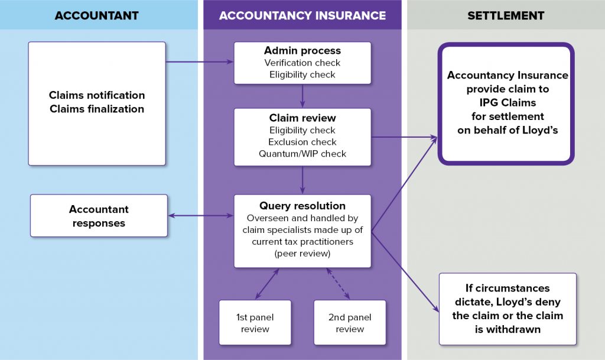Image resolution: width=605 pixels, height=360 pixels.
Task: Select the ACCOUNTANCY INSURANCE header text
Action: coord(302,15)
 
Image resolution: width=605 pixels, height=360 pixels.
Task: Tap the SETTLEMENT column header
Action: coord(506,15)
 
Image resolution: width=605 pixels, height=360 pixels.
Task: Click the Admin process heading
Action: coord(302,51)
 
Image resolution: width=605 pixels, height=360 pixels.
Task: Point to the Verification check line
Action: coord(302,63)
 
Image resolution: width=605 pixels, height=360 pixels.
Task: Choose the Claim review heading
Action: coord(302,118)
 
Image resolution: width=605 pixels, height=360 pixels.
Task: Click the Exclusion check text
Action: coord(302,142)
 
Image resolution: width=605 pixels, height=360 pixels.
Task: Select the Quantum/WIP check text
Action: coord(302,154)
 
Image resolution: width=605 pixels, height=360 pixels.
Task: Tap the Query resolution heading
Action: coord(302,206)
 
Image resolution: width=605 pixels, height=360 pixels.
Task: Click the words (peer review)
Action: coord(302,254)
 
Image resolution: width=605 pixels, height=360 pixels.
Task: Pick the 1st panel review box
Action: coord(255,323)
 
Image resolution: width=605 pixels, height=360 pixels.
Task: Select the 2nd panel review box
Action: coord(349,323)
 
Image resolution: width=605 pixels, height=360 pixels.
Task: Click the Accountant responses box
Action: coord(99,216)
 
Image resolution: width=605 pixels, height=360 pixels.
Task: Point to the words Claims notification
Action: coord(97,95)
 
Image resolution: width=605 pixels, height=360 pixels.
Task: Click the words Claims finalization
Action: coord(97,109)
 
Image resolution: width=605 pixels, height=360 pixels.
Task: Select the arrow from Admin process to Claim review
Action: coord(302,96)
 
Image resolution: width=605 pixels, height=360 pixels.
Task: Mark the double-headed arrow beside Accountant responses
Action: coord(201,216)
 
